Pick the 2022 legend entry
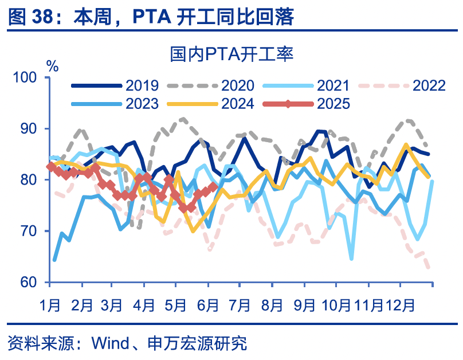coord(402,86)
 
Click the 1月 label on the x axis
coord(50,304)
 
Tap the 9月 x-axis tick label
coord(304,304)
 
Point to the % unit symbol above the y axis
coord(52,65)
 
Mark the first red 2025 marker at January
coord(50,167)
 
